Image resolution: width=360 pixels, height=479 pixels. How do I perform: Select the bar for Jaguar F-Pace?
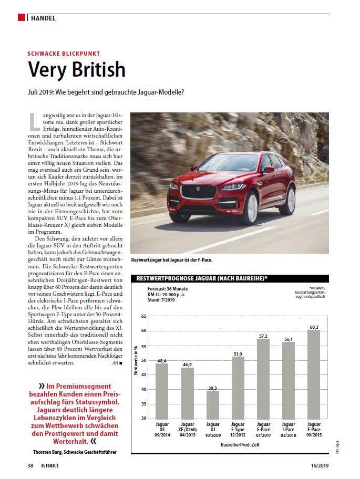[x=314, y=374]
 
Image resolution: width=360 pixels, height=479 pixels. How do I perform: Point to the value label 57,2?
[x=263, y=336]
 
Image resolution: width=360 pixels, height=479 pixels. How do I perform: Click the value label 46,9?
[x=187, y=364]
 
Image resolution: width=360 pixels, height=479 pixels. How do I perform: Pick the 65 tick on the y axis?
[x=143, y=317]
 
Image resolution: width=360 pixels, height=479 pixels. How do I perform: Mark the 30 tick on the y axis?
[x=143, y=419]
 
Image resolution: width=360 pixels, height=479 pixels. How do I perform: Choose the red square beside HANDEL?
[x=22, y=18]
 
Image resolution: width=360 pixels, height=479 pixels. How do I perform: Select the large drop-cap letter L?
[x=35, y=121]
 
